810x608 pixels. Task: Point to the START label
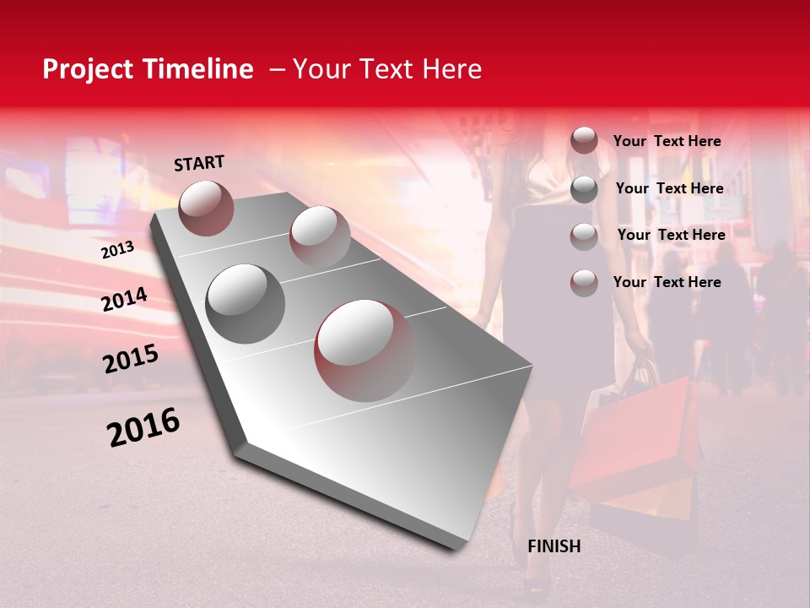pos(199,163)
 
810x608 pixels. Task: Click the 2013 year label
pos(117,250)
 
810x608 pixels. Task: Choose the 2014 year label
pos(124,300)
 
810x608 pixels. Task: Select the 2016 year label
pos(143,427)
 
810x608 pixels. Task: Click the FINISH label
pos(553,546)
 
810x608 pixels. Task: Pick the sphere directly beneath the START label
pos(206,208)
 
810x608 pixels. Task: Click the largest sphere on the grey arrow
pos(365,350)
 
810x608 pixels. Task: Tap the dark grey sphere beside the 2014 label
pos(246,303)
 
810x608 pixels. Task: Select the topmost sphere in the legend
pos(583,141)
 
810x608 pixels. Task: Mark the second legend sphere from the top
pos(583,189)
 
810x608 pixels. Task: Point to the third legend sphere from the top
pos(583,236)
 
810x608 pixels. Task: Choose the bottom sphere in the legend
pos(583,283)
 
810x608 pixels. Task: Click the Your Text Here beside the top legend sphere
pos(667,142)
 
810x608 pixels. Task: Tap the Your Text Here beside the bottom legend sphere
pos(667,282)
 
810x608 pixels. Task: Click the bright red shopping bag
pos(641,431)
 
